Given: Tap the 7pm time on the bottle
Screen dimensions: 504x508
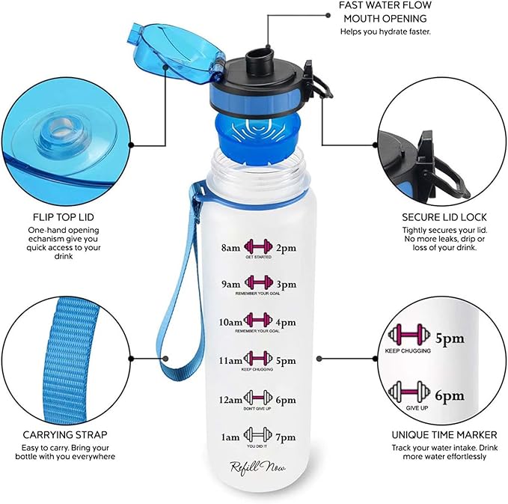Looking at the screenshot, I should pyautogui.click(x=287, y=436).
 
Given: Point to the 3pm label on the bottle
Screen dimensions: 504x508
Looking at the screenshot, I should pyautogui.click(x=287, y=285).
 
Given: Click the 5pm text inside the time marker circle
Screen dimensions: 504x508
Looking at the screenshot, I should pyautogui.click(x=450, y=339).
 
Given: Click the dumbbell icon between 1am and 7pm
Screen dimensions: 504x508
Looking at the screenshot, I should pyautogui.click(x=256, y=434).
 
